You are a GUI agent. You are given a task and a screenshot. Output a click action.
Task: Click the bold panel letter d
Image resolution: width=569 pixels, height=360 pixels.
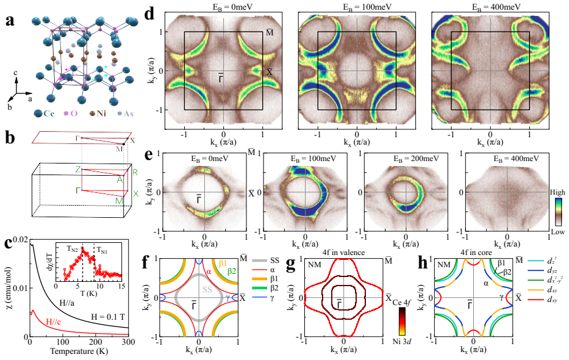[x=150, y=14]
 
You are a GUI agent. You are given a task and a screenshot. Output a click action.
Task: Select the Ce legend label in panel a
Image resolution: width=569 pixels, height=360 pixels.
[x=49, y=113]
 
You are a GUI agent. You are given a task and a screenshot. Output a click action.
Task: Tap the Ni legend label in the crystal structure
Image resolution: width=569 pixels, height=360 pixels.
[x=101, y=113]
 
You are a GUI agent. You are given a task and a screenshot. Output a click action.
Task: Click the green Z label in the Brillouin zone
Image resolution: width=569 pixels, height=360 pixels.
[x=77, y=169]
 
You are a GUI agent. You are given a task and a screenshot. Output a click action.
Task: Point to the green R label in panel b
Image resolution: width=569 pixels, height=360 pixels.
[x=135, y=172]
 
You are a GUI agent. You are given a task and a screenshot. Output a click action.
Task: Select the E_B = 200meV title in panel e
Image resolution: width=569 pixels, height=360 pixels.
[x=416, y=159]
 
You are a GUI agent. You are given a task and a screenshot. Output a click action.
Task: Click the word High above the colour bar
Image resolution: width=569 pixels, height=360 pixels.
[x=557, y=192]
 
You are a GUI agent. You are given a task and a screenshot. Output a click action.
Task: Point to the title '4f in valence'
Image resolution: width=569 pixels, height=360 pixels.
[x=343, y=253]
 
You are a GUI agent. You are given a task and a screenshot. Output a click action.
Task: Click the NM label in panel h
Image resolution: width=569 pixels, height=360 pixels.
[x=444, y=265]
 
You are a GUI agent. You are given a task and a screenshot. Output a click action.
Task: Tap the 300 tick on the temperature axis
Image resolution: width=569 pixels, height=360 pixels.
[x=128, y=342]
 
